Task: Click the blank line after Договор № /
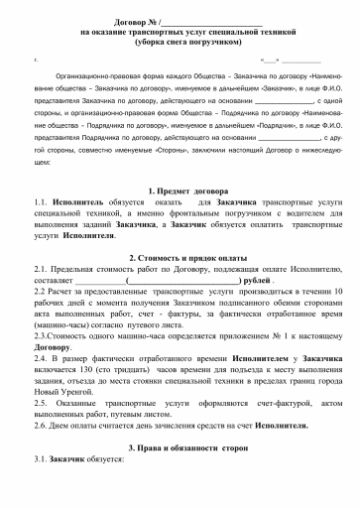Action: (211, 20)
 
